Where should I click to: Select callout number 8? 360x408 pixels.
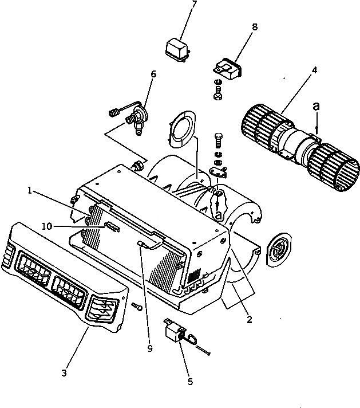(254, 26)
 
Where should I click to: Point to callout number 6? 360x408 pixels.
(153, 74)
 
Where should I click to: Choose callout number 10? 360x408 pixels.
(46, 226)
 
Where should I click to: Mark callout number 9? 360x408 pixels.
(150, 347)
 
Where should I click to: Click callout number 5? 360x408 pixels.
(189, 380)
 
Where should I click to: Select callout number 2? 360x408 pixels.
(250, 320)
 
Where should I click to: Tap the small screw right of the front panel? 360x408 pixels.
(137, 307)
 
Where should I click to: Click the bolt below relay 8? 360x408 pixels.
(219, 91)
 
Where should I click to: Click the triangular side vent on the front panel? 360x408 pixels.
(102, 309)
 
